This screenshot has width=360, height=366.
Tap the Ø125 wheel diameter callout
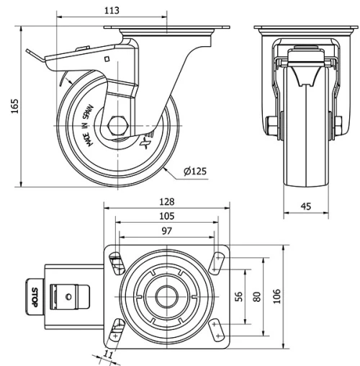tap(194, 171)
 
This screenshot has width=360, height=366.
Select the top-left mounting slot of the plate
tap(114, 258)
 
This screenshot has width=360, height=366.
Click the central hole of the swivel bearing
tap(167, 295)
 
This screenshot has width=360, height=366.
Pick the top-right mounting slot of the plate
tap(216, 259)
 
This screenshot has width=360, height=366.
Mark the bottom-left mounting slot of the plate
tap(115, 332)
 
